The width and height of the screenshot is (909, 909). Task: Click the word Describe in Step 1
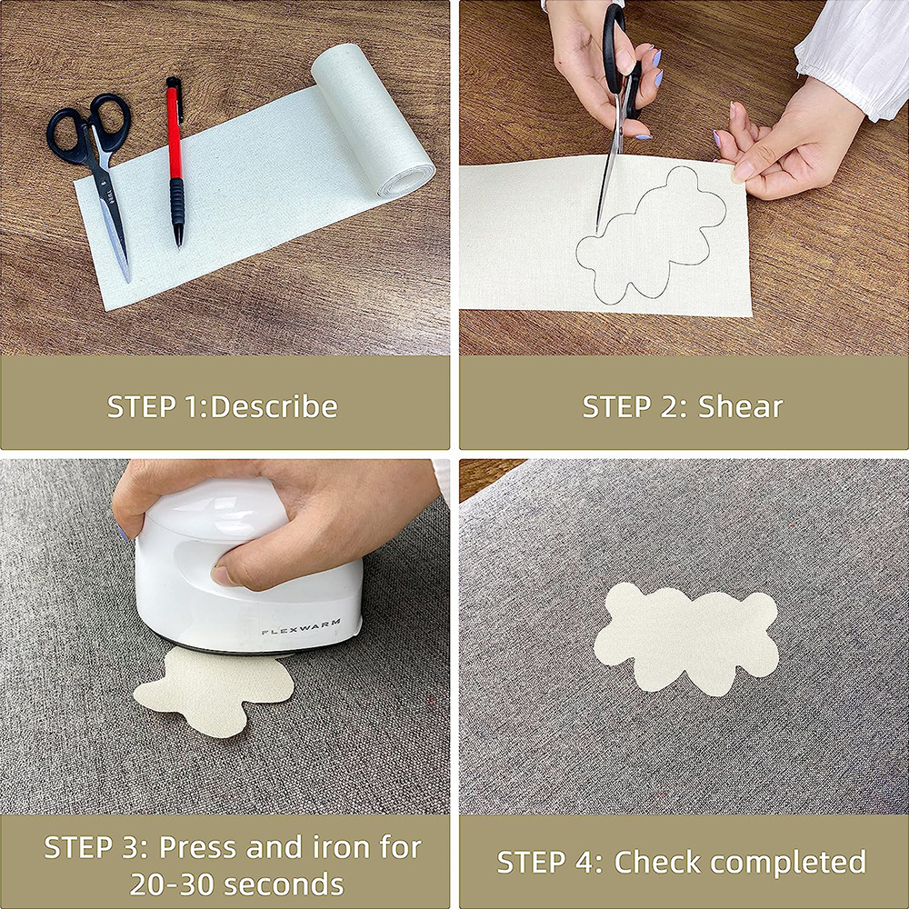tap(275, 406)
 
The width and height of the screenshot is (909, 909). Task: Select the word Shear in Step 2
tap(740, 406)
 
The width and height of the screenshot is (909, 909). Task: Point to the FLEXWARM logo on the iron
tap(301, 626)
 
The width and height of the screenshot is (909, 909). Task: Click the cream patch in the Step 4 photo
tap(686, 638)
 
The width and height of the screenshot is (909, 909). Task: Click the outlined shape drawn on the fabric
tap(651, 235)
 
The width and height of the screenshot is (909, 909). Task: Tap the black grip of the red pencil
tap(177, 203)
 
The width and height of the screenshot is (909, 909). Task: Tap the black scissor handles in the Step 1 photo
tap(90, 129)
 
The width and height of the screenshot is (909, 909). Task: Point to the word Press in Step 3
tap(197, 847)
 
